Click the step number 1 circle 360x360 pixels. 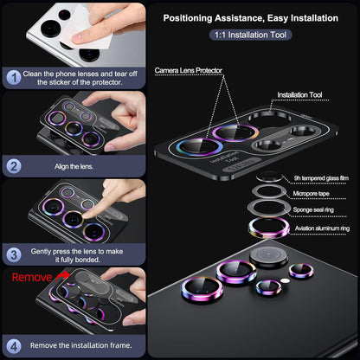click(14, 78)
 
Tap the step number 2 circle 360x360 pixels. click(14, 166)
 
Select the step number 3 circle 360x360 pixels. click(14, 255)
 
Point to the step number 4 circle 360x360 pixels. click(14, 346)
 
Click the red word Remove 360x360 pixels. click(32, 278)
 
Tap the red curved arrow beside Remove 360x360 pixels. click(62, 276)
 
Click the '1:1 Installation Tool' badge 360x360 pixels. click(250, 35)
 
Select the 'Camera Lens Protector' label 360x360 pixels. click(189, 70)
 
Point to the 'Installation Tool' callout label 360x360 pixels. click(299, 94)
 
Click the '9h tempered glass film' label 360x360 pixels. click(321, 178)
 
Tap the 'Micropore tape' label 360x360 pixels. click(311, 194)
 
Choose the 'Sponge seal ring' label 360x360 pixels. click(313, 209)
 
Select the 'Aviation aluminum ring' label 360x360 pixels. click(322, 228)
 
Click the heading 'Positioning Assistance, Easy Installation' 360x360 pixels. click(251, 18)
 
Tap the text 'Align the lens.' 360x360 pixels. click(74, 166)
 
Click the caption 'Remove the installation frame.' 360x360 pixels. click(80, 345)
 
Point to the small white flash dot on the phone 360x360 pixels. click(285, 280)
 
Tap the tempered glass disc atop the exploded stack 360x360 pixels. click(269, 177)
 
